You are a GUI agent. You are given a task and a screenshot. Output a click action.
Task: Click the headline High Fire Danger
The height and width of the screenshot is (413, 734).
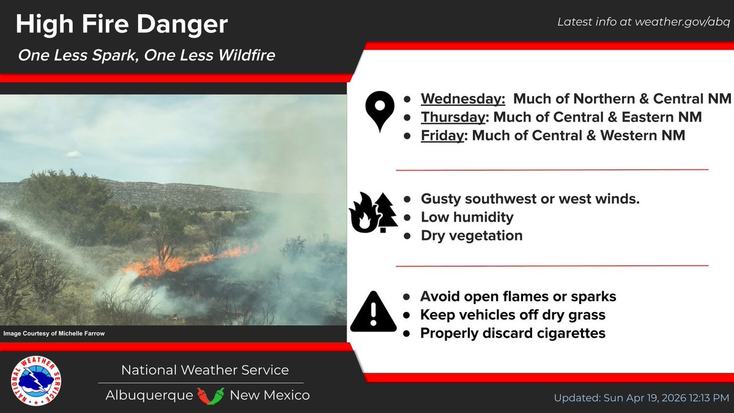point(121,24)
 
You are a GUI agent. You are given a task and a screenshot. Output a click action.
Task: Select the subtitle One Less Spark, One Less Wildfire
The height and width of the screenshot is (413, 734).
point(146,55)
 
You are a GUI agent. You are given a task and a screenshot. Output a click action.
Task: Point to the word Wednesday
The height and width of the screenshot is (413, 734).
point(462,99)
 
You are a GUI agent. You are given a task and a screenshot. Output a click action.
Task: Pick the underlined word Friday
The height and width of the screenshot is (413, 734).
point(442,135)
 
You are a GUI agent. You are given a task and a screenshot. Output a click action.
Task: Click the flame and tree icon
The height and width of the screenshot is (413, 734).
point(373,212)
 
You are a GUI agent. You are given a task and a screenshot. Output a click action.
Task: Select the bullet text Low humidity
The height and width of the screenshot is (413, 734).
point(467,217)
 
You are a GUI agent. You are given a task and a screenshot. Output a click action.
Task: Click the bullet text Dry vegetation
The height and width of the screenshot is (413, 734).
point(471,235)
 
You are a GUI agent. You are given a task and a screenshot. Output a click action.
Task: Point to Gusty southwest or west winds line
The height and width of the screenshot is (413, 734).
point(530,198)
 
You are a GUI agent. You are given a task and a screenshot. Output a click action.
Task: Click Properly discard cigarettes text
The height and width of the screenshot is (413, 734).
point(513,333)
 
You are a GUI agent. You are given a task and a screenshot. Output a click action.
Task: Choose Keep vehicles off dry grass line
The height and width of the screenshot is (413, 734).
point(513,314)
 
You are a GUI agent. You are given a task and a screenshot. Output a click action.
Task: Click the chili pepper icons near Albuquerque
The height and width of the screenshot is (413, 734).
point(211,395)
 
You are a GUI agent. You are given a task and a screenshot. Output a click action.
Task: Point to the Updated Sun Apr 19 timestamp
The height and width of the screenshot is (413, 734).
point(641,398)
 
